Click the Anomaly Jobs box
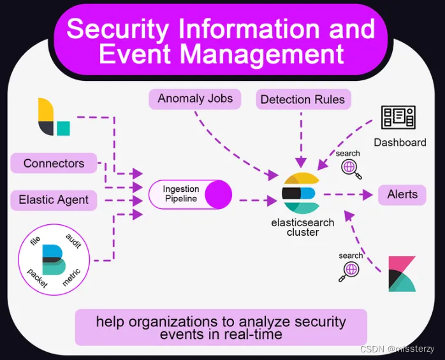point(195,99)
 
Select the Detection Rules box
point(302,99)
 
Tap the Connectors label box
point(54,164)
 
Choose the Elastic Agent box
point(54,200)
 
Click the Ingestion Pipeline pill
point(190,194)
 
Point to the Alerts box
point(402,195)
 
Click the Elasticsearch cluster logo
point(300,193)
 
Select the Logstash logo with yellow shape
point(54,117)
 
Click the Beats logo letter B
point(53,259)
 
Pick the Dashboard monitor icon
point(398,118)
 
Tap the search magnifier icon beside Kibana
point(350,271)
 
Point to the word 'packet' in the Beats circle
point(36,278)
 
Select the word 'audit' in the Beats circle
point(73,241)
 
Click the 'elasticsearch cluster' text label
point(303,228)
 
